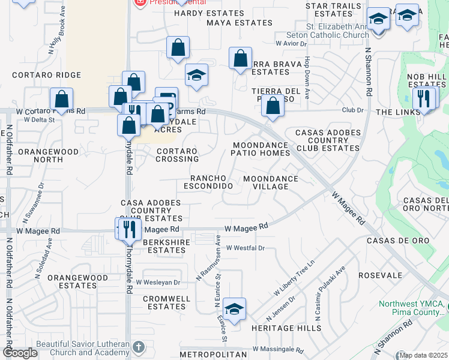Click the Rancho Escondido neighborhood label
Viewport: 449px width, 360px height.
[211, 182]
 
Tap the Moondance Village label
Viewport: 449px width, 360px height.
[270, 182]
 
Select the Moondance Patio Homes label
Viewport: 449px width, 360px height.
[261, 149]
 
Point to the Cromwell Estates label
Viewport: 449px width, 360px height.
[167, 302]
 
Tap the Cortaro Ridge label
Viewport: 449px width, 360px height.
[46, 75]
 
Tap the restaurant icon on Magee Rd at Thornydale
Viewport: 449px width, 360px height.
[128, 229]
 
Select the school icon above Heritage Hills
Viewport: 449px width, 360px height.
[234, 308]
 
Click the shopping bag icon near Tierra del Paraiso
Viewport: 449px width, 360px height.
[273, 106]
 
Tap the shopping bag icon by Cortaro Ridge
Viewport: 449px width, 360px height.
[61, 98]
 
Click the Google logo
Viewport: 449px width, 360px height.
[20, 353]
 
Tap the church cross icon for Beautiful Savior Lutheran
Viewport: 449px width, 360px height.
[139, 347]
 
